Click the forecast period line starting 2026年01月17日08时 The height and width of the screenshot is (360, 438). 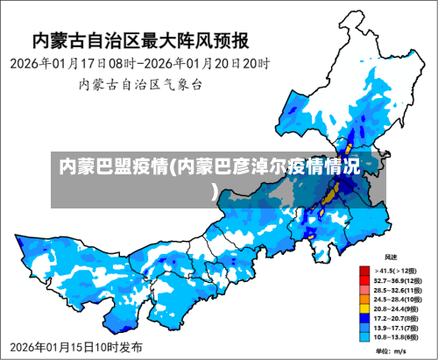click(x=141, y=64)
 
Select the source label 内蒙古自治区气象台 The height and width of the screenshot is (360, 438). click(x=141, y=85)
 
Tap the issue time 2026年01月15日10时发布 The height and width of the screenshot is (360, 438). click(x=77, y=348)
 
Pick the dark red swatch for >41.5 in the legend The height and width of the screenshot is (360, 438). click(x=364, y=271)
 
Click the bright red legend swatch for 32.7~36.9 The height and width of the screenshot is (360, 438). click(x=364, y=280)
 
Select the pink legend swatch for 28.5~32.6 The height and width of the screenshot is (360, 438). click(x=364, y=289)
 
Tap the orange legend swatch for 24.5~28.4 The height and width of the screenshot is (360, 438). click(x=364, y=299)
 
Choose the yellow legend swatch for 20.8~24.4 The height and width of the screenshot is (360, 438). click(x=364, y=308)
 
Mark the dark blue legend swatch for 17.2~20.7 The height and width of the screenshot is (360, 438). click(x=364, y=317)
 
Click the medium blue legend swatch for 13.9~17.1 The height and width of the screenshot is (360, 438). click(x=364, y=327)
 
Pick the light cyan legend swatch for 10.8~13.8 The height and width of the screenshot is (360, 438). click(x=364, y=336)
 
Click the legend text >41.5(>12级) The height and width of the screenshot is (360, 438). click(x=397, y=271)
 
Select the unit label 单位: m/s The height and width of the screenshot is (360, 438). click(x=391, y=350)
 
